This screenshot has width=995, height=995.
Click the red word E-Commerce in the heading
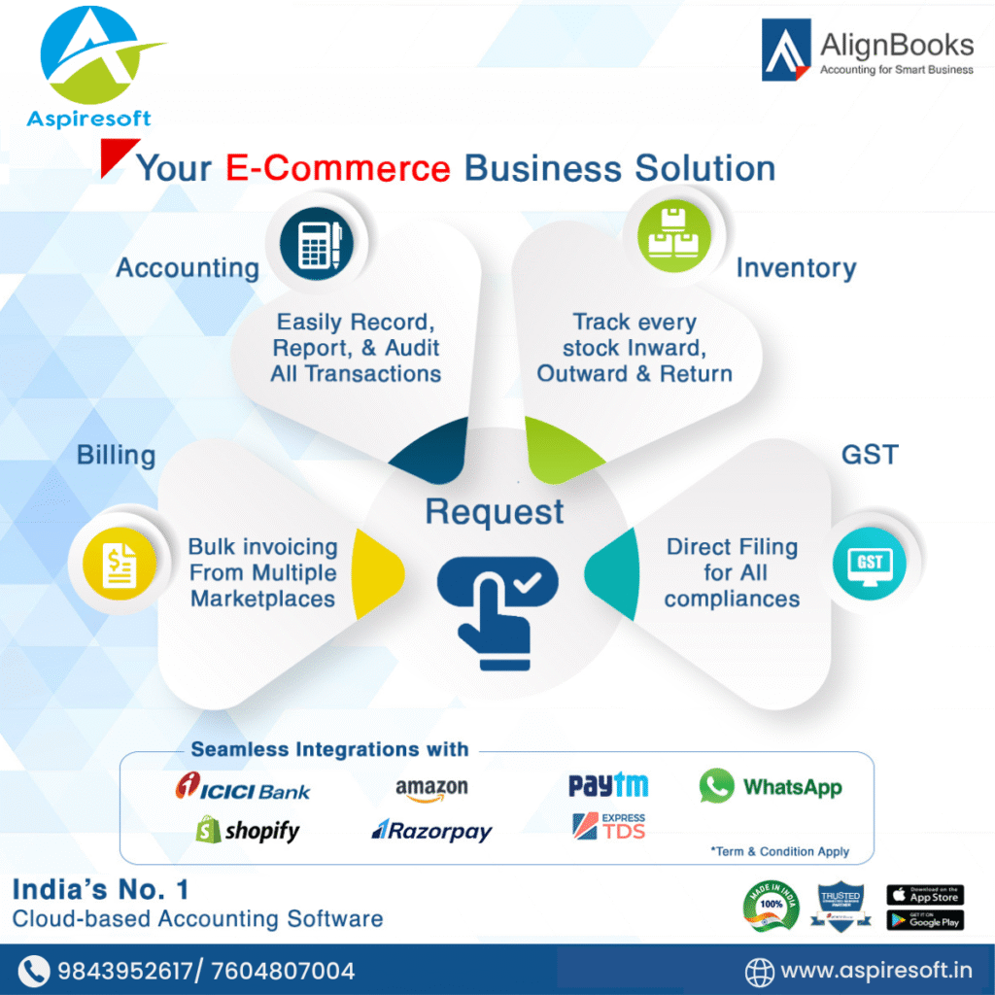338,168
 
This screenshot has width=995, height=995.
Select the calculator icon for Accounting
316,243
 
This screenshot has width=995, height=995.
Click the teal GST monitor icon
869,563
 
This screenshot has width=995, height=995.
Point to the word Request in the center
495,512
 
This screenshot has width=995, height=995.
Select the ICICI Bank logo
243,789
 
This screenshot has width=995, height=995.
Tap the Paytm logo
608,785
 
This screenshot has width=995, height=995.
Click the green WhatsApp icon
717,786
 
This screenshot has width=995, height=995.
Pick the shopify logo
248,830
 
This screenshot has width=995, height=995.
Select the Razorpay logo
432,831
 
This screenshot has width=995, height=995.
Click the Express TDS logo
608,827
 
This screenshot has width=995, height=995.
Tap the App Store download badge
924,895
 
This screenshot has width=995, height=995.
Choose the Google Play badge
924,919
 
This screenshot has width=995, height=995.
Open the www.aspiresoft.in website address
875,970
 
